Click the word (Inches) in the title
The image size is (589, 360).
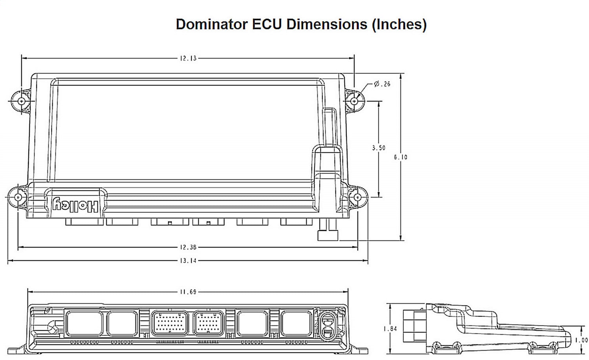399,24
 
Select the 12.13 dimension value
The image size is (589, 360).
188,58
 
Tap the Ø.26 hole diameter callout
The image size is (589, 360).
382,84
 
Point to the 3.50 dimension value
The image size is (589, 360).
379,148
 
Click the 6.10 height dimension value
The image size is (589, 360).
401,157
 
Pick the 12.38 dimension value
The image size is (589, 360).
188,247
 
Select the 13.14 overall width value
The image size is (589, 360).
188,261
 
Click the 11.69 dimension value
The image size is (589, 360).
188,292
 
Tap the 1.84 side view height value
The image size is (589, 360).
390,329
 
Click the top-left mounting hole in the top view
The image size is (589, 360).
21,101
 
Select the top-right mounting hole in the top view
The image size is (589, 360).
354,101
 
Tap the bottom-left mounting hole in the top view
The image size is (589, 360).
18,197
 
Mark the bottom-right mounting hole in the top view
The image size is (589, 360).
358,197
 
